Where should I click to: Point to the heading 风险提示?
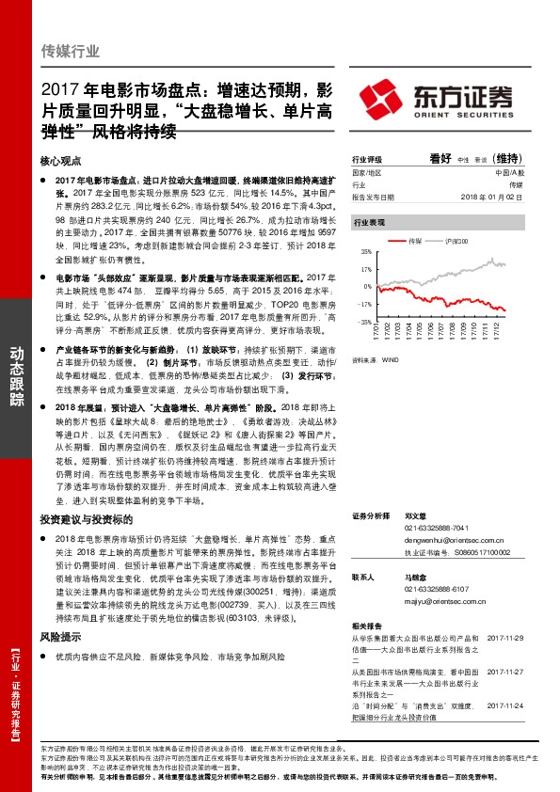click(61, 636)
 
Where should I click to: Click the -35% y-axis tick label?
click(364, 322)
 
